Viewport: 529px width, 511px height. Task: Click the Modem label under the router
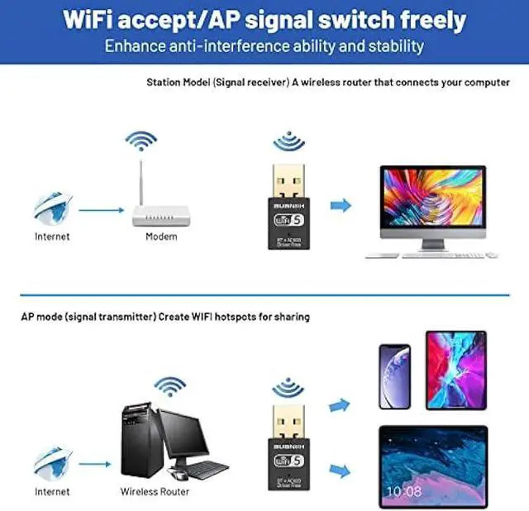pyautogui.click(x=161, y=236)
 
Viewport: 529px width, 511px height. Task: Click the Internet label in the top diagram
pyautogui.click(x=52, y=236)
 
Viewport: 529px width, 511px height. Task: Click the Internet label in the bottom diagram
pyautogui.click(x=52, y=492)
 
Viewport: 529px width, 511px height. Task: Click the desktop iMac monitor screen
pyautogui.click(x=431, y=198)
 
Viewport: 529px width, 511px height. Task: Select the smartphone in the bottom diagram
pyautogui.click(x=395, y=376)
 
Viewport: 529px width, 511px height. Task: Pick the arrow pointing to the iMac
pyautogui.click(x=340, y=205)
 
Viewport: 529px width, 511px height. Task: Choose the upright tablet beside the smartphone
pyautogui.click(x=456, y=370)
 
